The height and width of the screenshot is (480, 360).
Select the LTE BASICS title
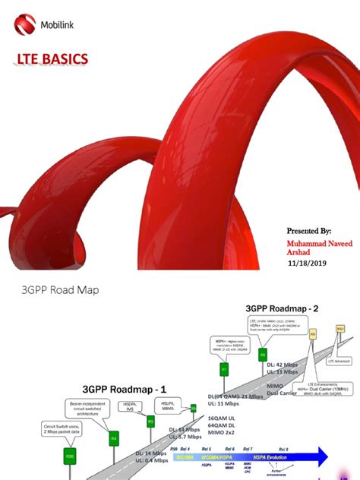coord(52,59)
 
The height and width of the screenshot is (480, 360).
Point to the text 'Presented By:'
coord(308,230)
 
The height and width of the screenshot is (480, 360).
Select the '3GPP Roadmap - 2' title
coord(282,308)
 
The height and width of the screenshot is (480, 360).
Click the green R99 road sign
coord(69,458)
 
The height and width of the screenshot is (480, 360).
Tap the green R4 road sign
coord(113,437)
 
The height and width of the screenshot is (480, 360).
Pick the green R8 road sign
coord(262,354)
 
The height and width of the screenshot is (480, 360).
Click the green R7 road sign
coord(224,369)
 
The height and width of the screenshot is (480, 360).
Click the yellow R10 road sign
coord(340,329)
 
